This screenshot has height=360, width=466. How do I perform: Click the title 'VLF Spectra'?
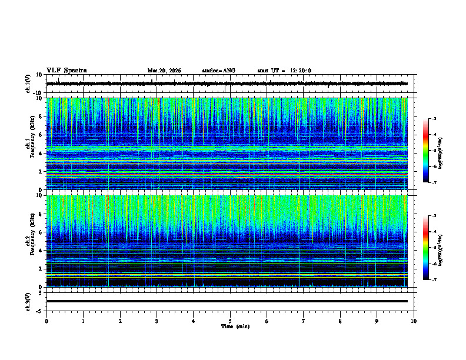pyautogui.click(x=66, y=71)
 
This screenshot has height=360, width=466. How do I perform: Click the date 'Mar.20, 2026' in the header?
pyautogui.click(x=164, y=71)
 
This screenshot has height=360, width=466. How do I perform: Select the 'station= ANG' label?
pyautogui.click(x=218, y=71)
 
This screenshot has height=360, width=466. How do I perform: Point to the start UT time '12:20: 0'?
pyautogui.click(x=300, y=71)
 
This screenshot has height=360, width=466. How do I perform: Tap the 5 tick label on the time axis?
pyautogui.click(x=230, y=321)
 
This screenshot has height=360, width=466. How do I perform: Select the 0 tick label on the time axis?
pyautogui.click(x=46, y=321)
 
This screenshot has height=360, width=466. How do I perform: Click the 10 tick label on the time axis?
pyautogui.click(x=414, y=321)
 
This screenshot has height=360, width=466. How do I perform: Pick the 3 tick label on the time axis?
pyautogui.click(x=157, y=321)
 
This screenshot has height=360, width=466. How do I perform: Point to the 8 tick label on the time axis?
pyautogui.click(x=340, y=321)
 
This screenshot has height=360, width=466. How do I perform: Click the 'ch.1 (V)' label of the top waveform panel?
pyautogui.click(x=28, y=84)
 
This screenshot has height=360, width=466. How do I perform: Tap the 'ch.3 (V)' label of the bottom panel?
pyautogui.click(x=28, y=301)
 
